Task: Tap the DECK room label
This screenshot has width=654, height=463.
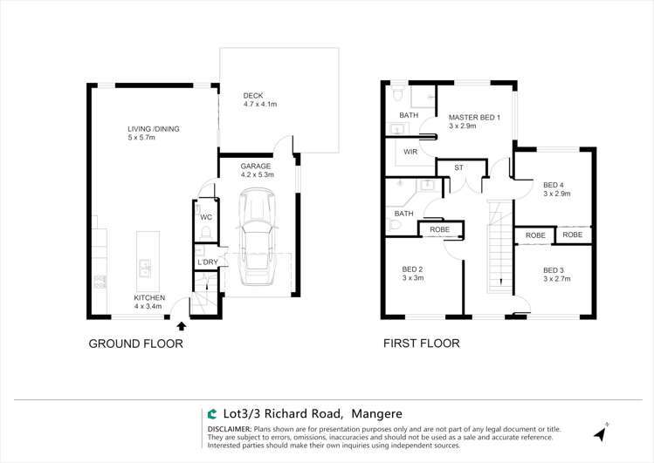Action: tap(253, 95)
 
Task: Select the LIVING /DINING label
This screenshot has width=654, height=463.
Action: tap(154, 129)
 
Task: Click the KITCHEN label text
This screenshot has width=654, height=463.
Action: tap(149, 297)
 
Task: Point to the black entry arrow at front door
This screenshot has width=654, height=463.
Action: tap(181, 327)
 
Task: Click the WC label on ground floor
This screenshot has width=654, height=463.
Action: tap(206, 217)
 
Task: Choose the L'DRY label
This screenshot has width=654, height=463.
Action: tap(207, 262)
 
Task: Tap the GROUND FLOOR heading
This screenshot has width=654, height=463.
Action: tap(136, 344)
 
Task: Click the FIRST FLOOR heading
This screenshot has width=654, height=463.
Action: tap(422, 344)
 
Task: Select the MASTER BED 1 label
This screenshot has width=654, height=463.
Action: tap(474, 117)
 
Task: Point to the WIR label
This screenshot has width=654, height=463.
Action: tap(410, 152)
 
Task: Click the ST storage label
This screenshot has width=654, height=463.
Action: tap(458, 167)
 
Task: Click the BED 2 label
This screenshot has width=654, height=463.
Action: tap(413, 269)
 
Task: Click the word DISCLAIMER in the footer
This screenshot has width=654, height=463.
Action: tap(229, 430)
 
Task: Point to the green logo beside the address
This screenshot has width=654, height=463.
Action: tap(212, 414)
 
